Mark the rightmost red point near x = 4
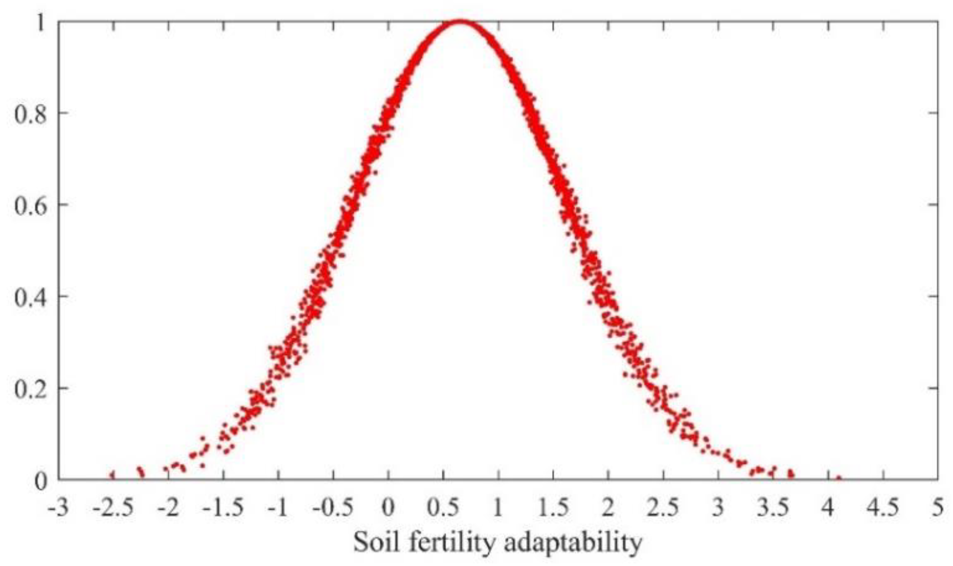tap(839, 479)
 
